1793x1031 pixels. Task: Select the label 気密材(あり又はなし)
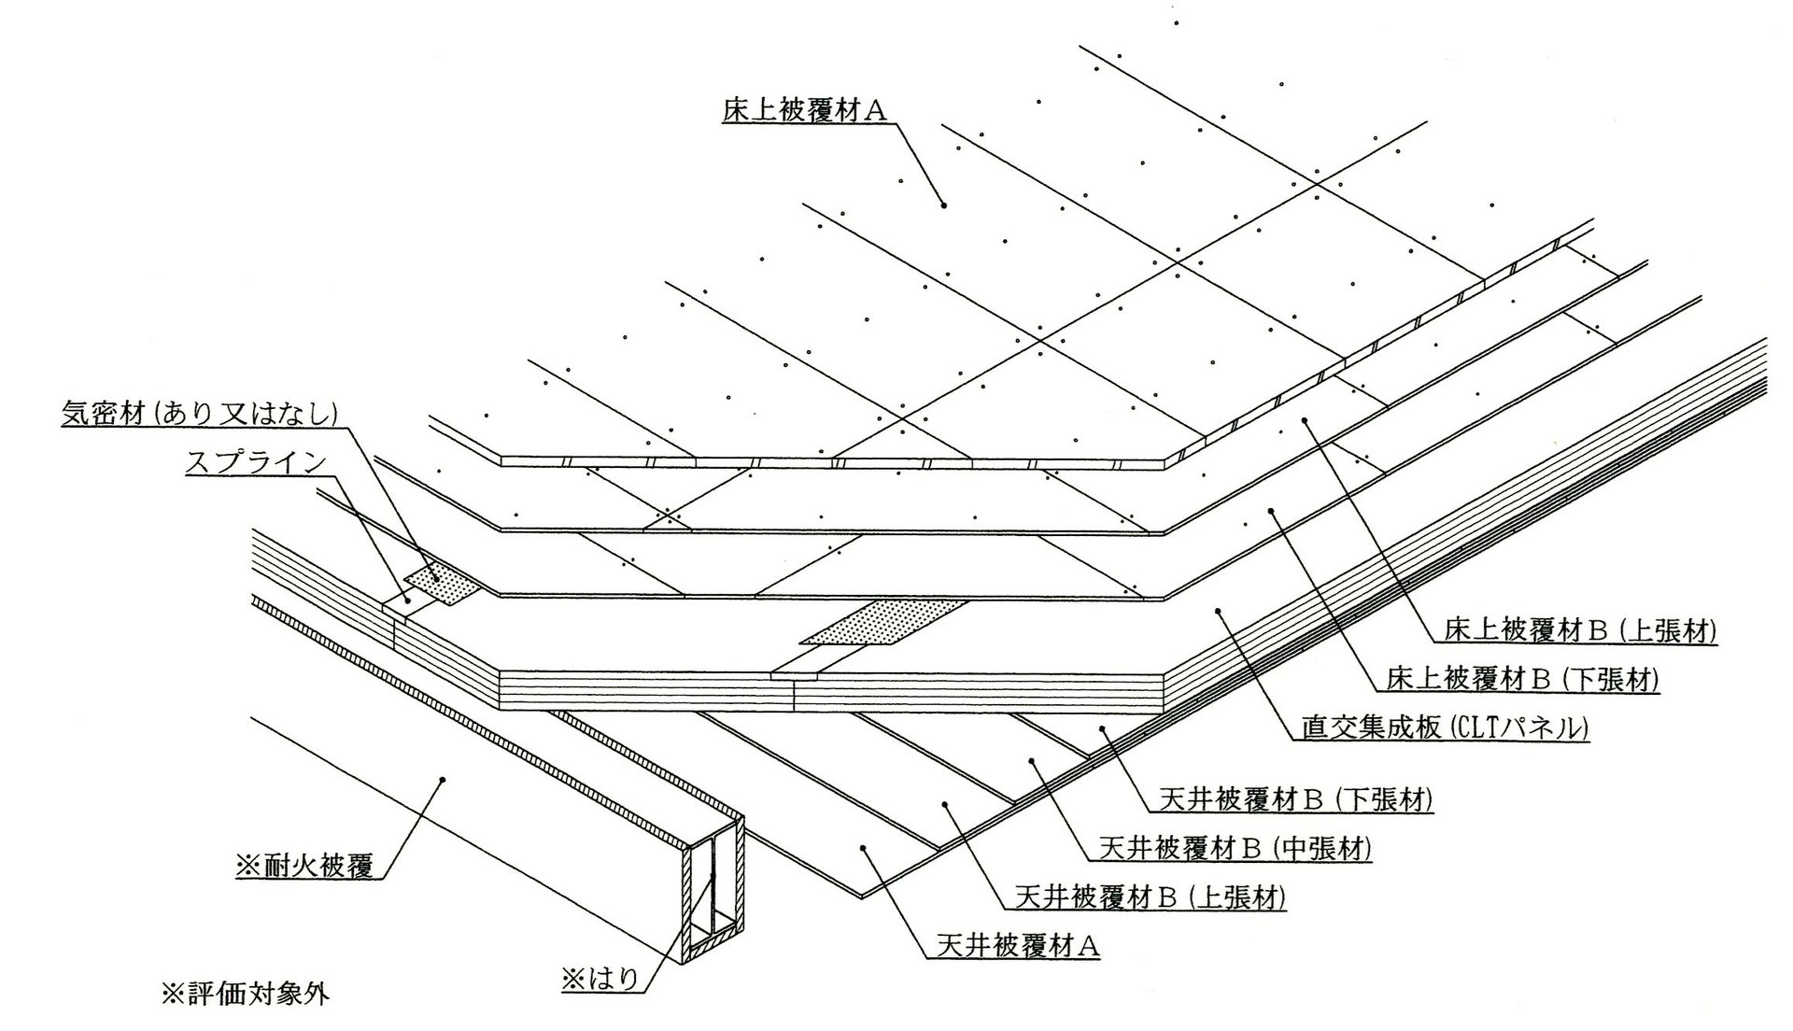point(198,414)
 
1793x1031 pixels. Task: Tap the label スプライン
point(256,462)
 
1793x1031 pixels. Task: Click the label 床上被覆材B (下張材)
point(1522,680)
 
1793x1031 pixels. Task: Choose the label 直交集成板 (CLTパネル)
point(1445,727)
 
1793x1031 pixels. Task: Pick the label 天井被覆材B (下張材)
point(1295,800)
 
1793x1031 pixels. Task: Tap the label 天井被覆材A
point(1018,947)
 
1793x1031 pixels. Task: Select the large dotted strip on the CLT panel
point(882,623)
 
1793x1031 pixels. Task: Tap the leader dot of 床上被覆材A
point(944,205)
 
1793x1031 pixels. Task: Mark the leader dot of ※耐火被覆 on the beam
point(443,778)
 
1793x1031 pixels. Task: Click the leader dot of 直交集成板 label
point(1219,611)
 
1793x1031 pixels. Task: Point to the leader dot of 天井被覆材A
point(863,848)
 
